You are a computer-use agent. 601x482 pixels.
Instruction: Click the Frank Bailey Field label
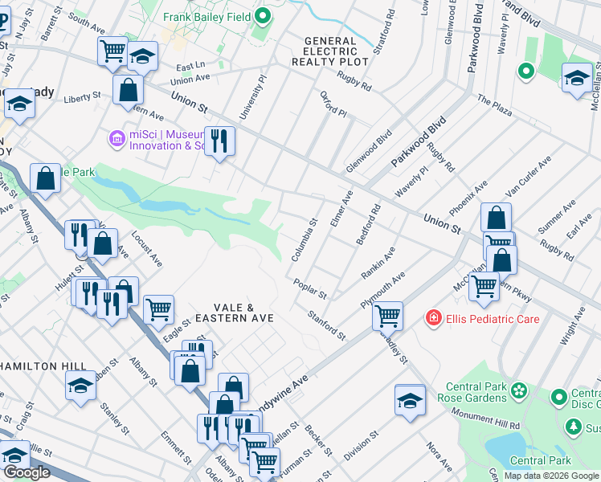pyautogui.click(x=207, y=17)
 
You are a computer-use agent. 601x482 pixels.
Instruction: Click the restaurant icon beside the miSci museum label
pyautogui.click(x=219, y=141)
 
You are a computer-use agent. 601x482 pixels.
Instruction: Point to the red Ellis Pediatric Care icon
pyautogui.click(x=434, y=319)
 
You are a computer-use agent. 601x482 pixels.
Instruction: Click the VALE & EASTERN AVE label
pyautogui.click(x=233, y=313)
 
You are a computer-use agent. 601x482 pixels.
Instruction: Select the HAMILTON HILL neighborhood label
pyautogui.click(x=43, y=366)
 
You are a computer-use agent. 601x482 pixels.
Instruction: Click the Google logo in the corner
pyautogui.click(x=27, y=472)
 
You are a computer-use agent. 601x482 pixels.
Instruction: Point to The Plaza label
pyautogui.click(x=494, y=106)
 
